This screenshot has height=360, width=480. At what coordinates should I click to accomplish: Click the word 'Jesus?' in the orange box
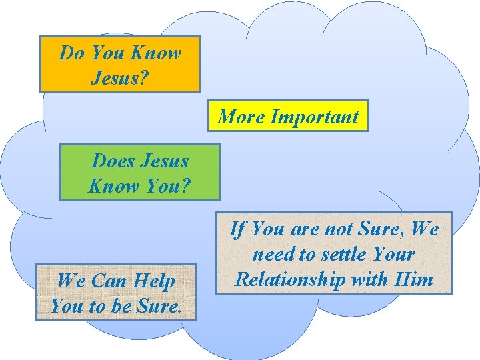(120, 77)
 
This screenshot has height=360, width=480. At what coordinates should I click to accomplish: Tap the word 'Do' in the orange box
(71, 53)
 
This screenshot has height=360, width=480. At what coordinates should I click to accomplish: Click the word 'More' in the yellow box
(241, 117)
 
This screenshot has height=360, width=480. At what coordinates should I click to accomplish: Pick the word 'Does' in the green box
(113, 161)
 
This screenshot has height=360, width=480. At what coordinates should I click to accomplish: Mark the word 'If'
(237, 229)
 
